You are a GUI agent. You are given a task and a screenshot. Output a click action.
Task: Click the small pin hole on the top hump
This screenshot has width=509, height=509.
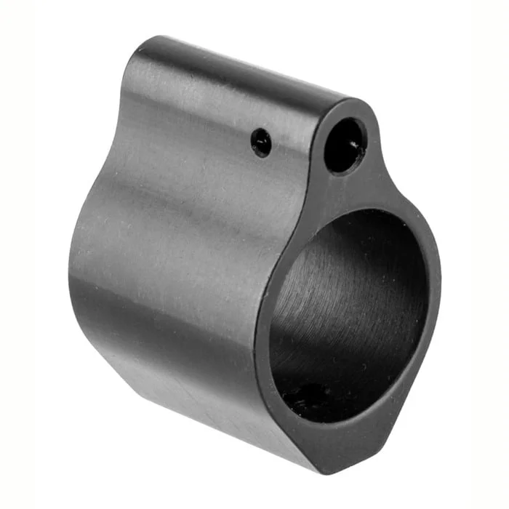click(x=262, y=142)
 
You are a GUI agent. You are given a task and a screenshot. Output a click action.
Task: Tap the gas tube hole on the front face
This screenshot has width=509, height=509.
click(x=345, y=145)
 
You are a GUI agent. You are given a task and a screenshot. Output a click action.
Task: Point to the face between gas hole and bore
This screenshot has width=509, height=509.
click(x=349, y=191)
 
